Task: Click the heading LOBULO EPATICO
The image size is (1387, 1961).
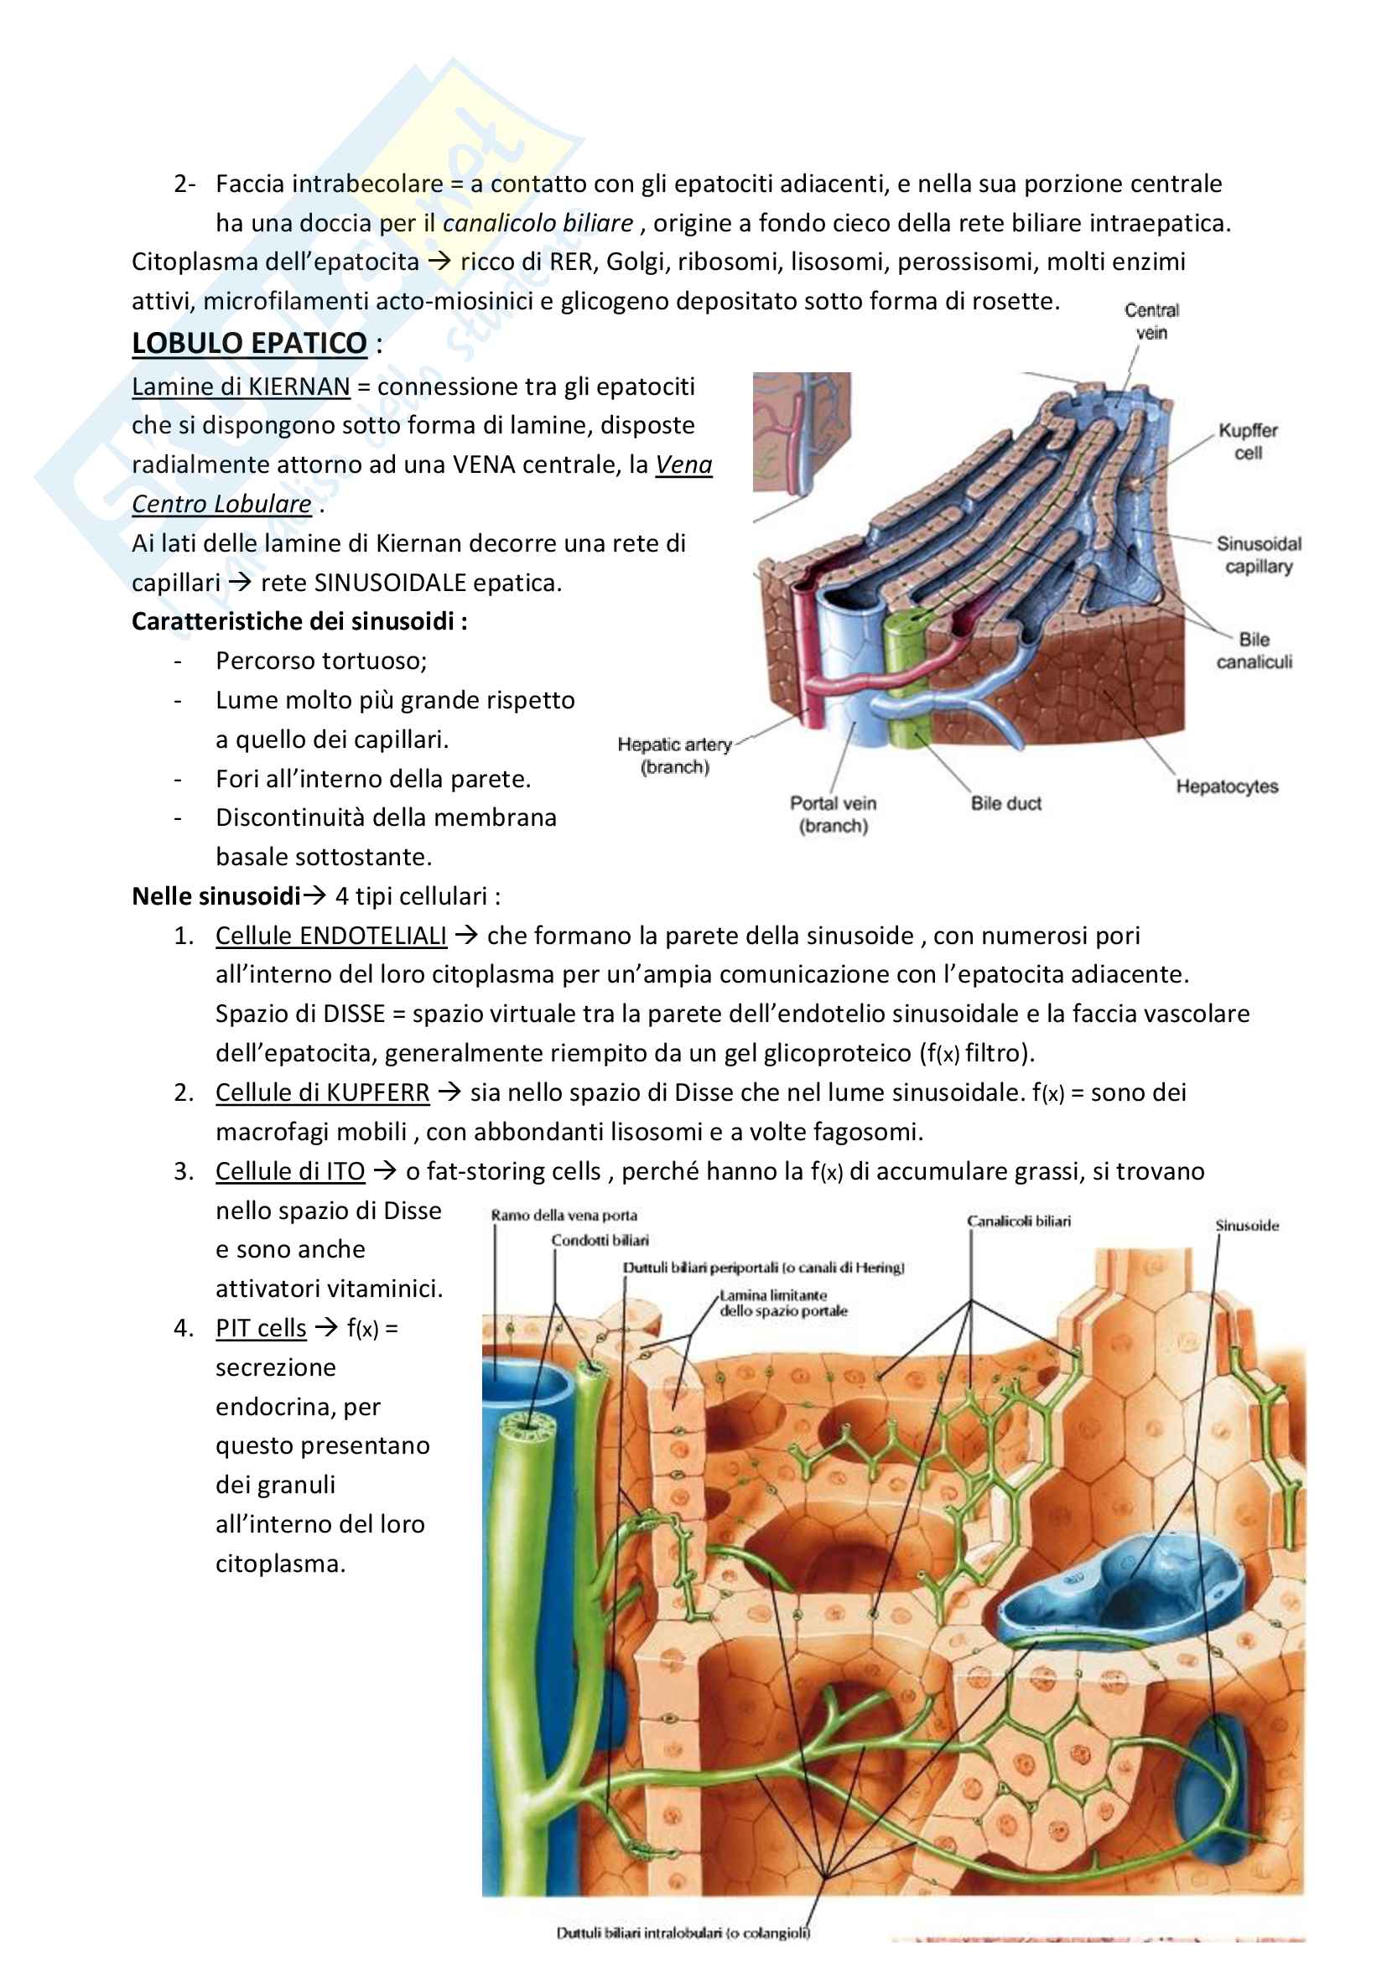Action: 248,344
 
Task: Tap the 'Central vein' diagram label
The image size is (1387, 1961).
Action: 1151,321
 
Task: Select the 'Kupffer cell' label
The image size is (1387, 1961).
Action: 1247,442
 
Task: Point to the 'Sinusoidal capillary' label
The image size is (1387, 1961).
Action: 1258,555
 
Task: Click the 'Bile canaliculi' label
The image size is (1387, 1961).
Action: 1253,651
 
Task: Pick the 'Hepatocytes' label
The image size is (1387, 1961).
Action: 1227,786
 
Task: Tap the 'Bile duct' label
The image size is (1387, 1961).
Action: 1005,804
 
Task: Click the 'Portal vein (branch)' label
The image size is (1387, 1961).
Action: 833,815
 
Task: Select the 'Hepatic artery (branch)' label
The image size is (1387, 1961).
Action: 675,756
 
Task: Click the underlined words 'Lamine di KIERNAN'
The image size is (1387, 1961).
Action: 241,386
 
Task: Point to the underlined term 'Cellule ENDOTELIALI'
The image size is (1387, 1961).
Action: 330,936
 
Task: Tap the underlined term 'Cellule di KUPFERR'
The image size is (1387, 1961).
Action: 322,1093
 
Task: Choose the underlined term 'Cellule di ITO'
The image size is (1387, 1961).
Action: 289,1172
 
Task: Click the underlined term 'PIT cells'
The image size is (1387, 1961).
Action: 261,1329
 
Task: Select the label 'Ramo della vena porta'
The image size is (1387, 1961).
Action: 564,1216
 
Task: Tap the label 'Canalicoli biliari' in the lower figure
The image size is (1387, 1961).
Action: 1018,1222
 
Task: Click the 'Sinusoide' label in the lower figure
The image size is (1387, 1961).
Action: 1247,1226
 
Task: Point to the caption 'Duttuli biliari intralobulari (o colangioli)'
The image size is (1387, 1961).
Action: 683,1932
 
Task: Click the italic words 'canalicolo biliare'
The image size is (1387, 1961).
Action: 538,224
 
